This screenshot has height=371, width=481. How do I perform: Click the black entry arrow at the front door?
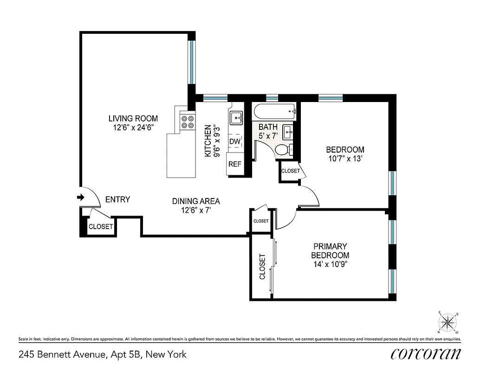pos(80,198)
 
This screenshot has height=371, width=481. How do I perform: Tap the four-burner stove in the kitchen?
pos(188,122)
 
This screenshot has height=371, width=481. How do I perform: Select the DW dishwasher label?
pos(235,141)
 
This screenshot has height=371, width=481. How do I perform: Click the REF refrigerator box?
pos(235,164)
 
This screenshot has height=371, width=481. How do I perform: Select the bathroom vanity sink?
pos(288,132)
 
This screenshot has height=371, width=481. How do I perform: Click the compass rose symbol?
pos(448,321)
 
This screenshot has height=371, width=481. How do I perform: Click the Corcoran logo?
pos(426,354)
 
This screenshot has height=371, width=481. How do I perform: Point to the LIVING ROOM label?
pos(133,118)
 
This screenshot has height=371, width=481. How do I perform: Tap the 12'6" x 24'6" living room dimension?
pos(133,127)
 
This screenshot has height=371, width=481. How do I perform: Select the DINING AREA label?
pos(196,201)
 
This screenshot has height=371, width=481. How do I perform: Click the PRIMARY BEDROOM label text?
pos(330,250)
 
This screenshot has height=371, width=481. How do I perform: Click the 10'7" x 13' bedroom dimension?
pos(345,159)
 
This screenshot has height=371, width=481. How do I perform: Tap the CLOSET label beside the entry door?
pos(101,227)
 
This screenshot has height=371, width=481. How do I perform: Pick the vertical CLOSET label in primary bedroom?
pos(262,267)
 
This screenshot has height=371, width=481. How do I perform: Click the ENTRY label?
pos(117,199)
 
